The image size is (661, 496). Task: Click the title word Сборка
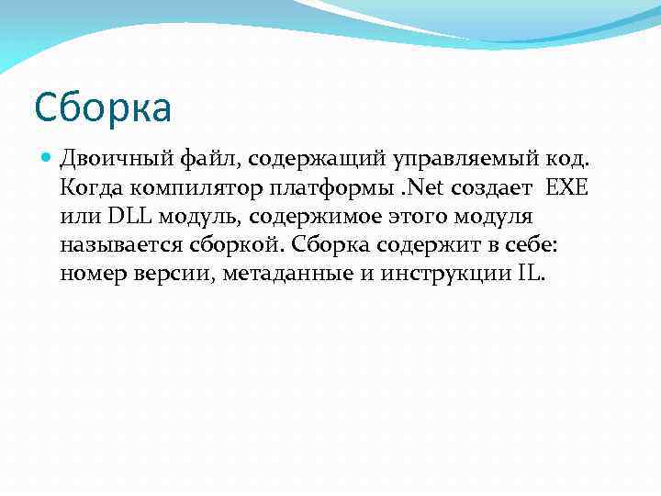[103, 108]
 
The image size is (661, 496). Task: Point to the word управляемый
[444, 161]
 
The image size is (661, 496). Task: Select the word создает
[495, 189]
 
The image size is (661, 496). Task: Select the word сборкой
[238, 246]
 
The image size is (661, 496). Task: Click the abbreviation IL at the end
[531, 275]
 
